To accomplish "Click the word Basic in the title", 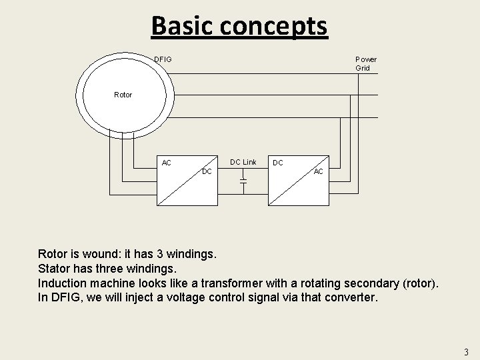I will click(181, 26).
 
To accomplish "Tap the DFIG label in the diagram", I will click(163, 60).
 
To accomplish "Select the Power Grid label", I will click(365, 63).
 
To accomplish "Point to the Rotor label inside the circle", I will click(123, 95).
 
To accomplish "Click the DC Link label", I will click(243, 162).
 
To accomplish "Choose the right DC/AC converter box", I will click(299, 181).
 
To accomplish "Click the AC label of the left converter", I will click(167, 163).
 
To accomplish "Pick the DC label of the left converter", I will click(207, 172).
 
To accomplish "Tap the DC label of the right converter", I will click(277, 163).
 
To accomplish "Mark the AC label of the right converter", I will click(319, 172).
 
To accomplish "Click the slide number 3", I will click(466, 351).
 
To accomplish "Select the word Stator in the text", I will click(55, 269).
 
